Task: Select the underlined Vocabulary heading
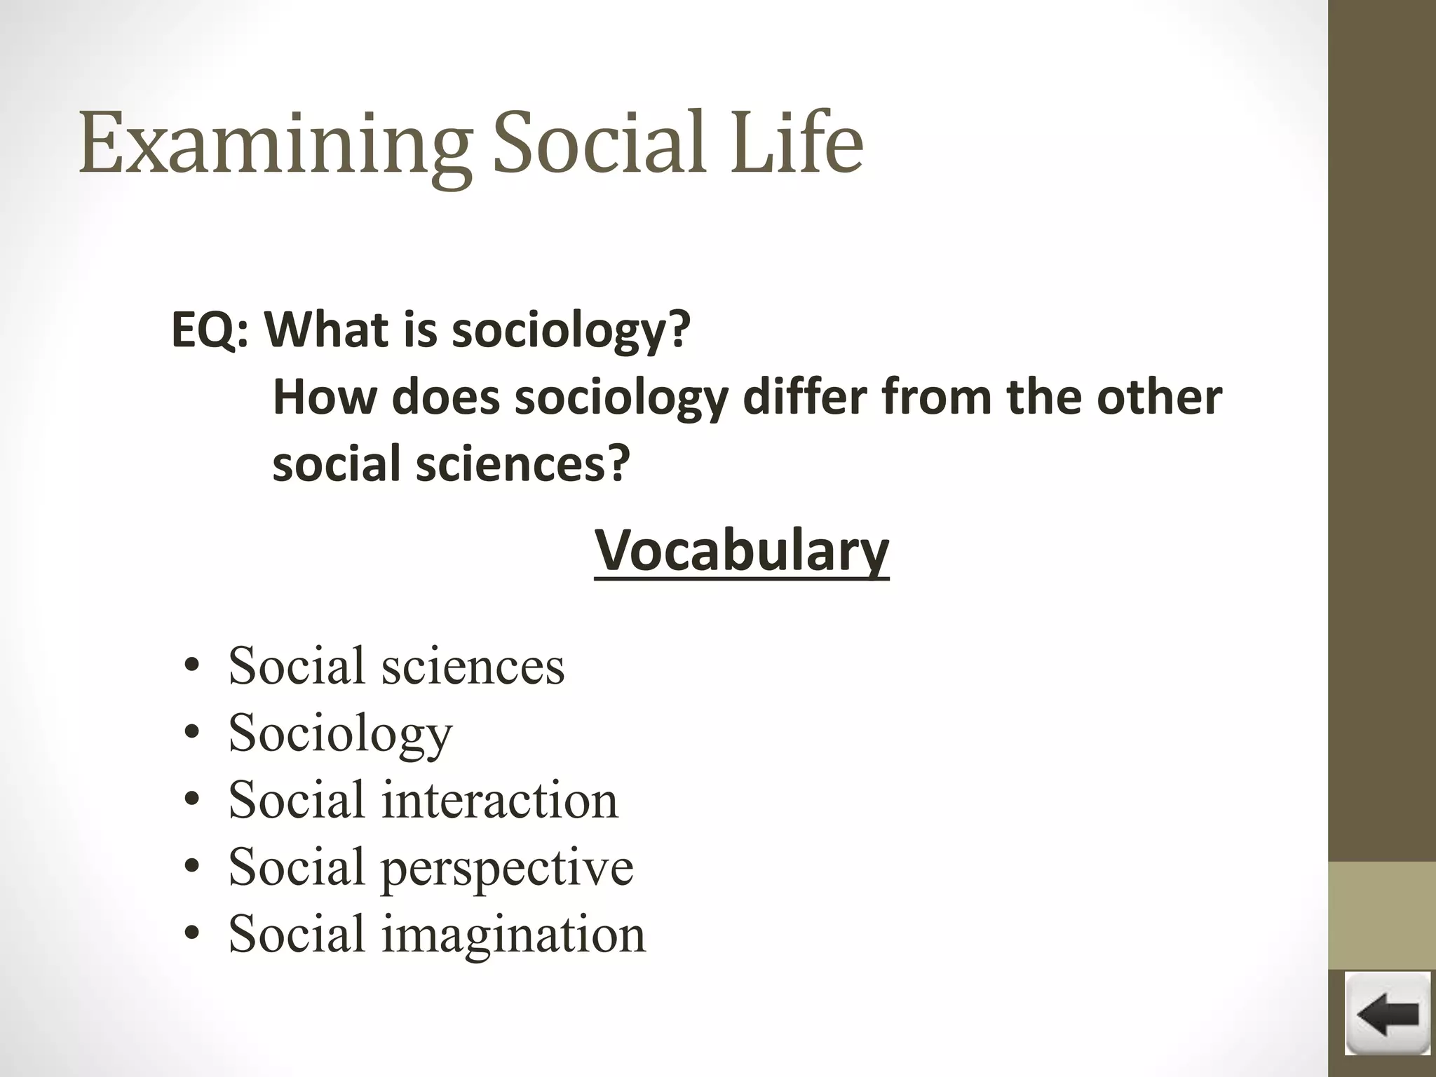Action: point(742,551)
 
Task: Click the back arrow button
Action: point(1387,1014)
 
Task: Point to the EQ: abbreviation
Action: point(210,330)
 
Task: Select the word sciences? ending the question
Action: point(523,464)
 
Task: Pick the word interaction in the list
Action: point(499,800)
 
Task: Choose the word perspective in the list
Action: point(506,867)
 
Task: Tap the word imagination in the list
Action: point(513,935)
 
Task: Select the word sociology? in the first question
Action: point(571,331)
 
